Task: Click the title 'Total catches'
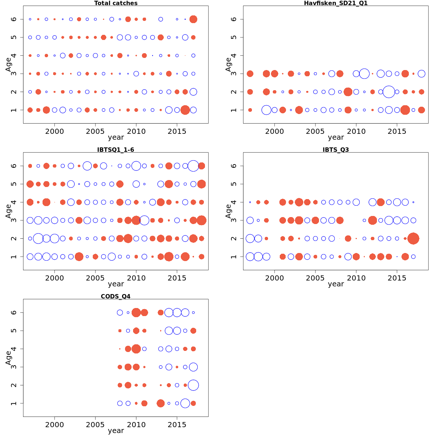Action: [x=116, y=3]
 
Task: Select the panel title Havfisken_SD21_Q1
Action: [x=336, y=3]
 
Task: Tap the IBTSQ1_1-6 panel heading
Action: [x=116, y=150]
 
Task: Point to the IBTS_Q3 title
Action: [x=336, y=150]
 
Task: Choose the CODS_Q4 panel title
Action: [x=116, y=296]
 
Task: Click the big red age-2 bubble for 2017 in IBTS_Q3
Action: [x=413, y=238]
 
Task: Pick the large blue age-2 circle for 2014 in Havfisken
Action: [x=389, y=92]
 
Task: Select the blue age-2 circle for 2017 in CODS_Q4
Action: [x=193, y=385]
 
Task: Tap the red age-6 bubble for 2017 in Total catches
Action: [x=193, y=19]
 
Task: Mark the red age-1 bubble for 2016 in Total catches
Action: [x=185, y=110]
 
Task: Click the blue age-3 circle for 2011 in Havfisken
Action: [x=364, y=74]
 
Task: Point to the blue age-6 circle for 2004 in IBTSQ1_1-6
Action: [x=87, y=166]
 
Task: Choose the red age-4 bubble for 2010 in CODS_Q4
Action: [x=136, y=349]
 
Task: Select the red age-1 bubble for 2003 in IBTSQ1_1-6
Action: [x=79, y=257]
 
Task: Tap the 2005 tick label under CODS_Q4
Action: [x=95, y=425]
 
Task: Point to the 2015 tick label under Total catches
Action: [x=177, y=132]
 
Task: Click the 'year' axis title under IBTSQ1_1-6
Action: [x=116, y=284]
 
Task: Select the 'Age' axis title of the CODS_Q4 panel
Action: [x=8, y=358]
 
